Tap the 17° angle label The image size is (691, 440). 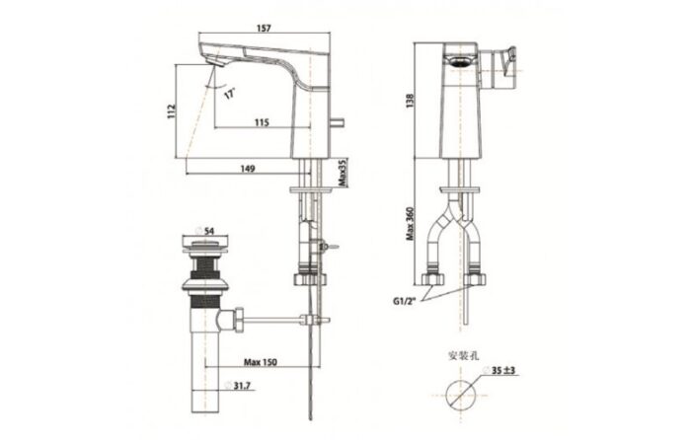pyautogui.click(x=229, y=94)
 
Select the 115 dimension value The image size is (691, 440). pyautogui.click(x=262, y=122)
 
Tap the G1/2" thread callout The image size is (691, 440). pyautogui.click(x=404, y=302)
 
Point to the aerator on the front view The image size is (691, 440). pyautogui.click(x=457, y=62)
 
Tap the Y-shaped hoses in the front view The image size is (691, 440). pyautogui.click(x=457, y=222)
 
